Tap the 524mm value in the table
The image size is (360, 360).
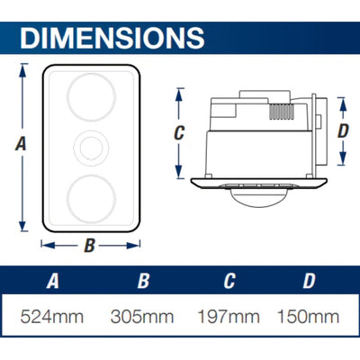[53, 317]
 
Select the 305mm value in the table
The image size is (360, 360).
[143, 317]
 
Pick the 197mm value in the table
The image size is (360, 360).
[228, 317]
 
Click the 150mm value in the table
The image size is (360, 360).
[309, 317]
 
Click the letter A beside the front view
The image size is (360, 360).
[21, 142]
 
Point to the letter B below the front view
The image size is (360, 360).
[89, 243]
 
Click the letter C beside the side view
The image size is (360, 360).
[179, 131]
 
